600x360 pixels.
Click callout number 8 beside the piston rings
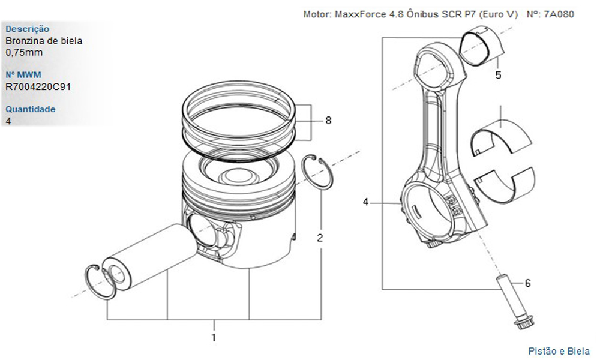328,120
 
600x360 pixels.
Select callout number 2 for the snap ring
320,238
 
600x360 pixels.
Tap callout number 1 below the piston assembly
213,338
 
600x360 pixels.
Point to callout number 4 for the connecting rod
366,202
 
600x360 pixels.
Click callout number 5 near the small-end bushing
498,75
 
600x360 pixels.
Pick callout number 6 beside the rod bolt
527,282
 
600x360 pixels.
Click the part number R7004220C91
38,86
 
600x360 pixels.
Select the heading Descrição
28,29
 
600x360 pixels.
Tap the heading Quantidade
31,109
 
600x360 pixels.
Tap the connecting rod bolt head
521,325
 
